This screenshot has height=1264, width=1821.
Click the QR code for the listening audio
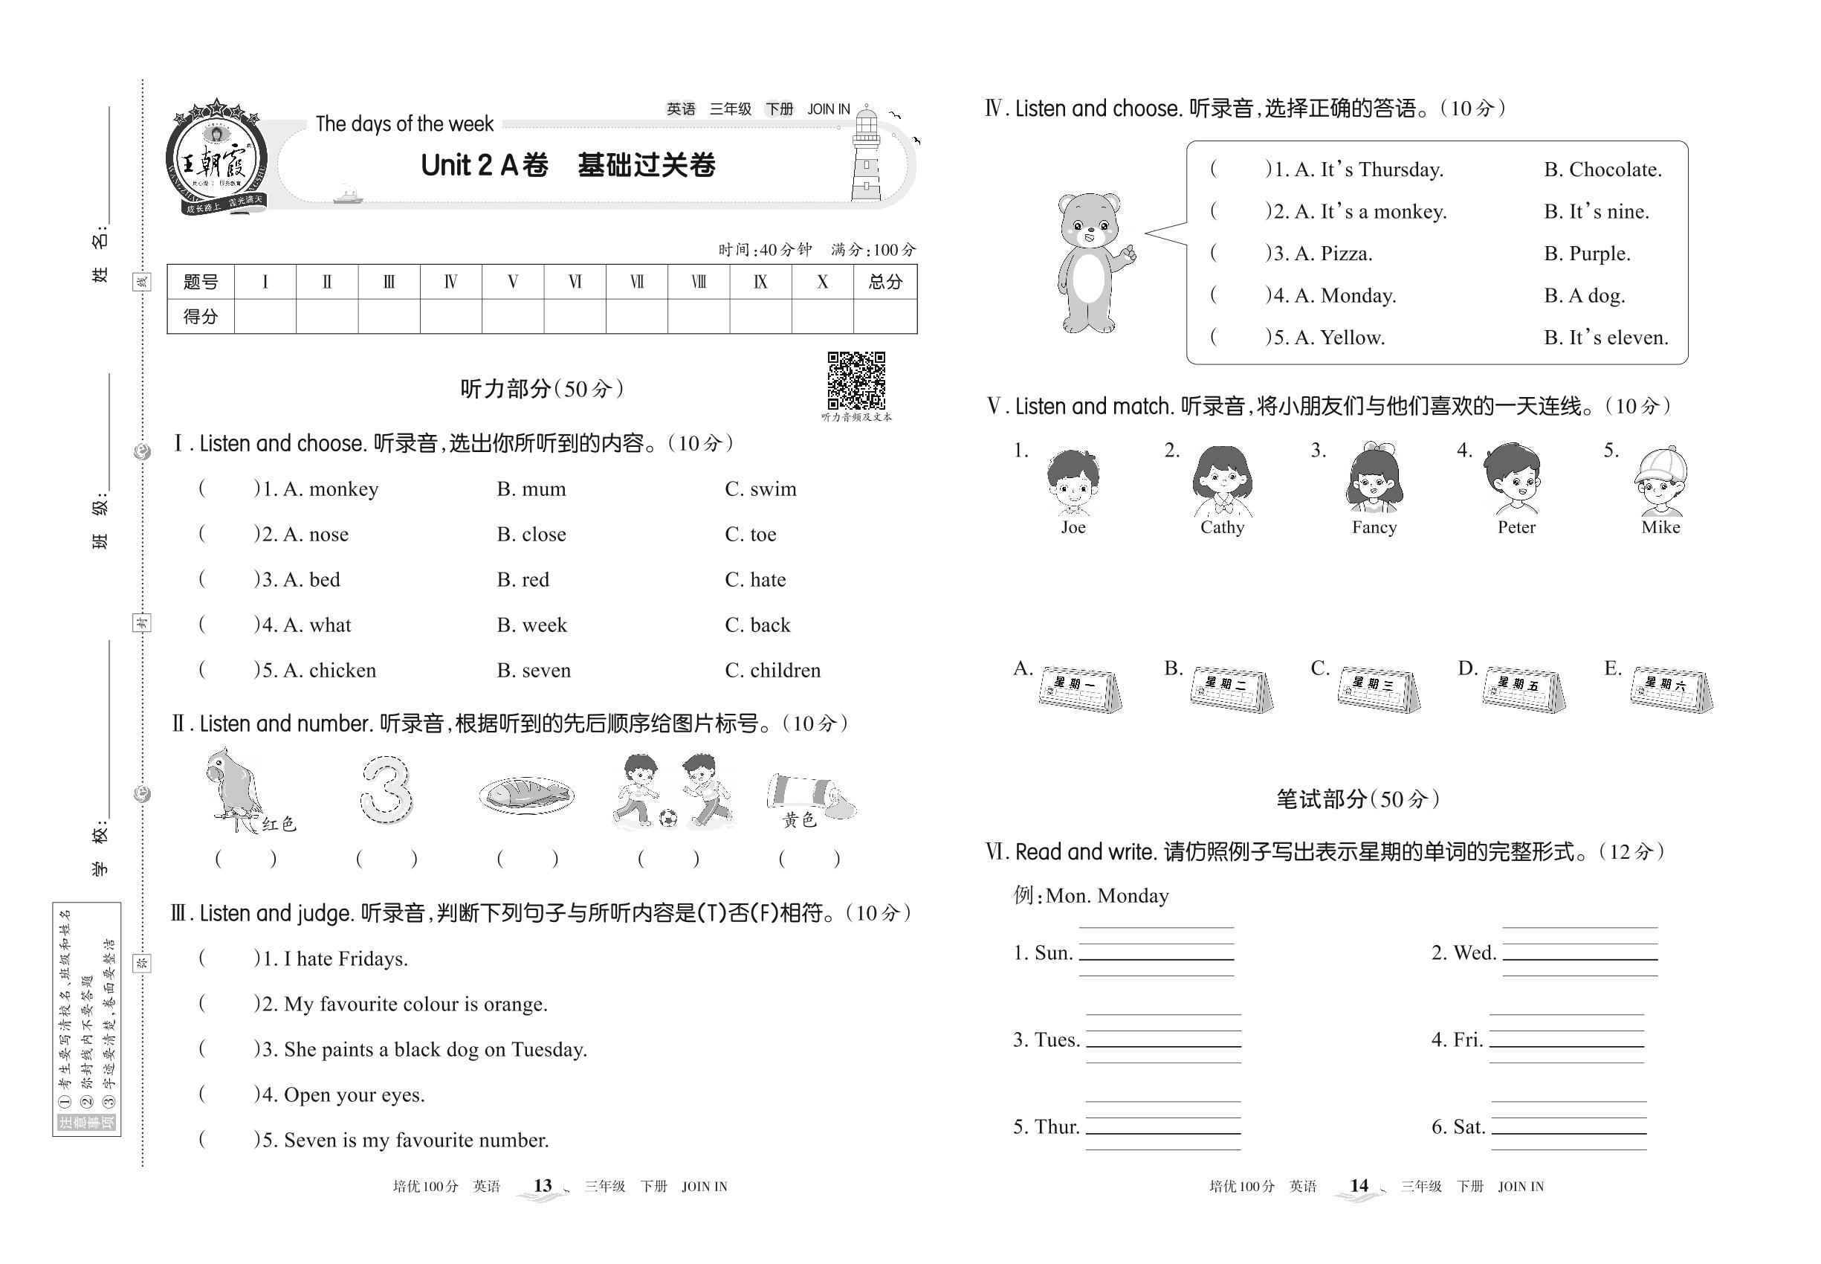coord(856,380)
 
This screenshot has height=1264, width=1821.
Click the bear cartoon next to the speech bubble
coord(1092,262)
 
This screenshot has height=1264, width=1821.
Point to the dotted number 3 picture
coord(386,789)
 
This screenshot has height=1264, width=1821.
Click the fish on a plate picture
coord(526,794)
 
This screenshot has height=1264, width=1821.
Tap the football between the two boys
coord(668,818)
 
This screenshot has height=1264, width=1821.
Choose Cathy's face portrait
coord(1223,480)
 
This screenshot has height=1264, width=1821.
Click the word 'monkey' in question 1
coord(343,489)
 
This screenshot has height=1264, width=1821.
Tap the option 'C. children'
coord(773,671)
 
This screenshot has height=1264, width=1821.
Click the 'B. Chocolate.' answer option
coord(1602,170)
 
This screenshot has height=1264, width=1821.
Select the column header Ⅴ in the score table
coord(513,282)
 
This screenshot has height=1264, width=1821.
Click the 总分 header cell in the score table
coord(885,282)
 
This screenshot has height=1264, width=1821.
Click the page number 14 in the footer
coord(1359,1186)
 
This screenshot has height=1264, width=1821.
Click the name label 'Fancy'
coord(1374,527)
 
